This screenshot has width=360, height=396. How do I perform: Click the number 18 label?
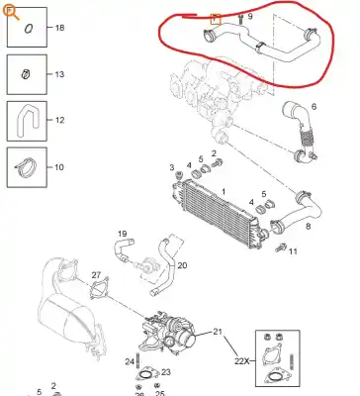[59, 29]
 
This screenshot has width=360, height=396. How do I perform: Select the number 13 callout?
[59, 74]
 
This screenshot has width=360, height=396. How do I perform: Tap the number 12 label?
[59, 120]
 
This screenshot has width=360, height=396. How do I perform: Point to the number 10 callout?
[59, 166]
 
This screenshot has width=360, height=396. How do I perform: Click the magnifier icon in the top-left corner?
[10, 11]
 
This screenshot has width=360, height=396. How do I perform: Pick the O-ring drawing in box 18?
[28, 30]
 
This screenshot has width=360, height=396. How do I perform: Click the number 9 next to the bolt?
[250, 17]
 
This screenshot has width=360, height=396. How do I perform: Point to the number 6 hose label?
[315, 106]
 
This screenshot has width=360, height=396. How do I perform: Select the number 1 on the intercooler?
[224, 190]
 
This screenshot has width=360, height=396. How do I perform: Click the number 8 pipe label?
[310, 226]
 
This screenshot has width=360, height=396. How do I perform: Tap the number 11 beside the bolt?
[292, 251]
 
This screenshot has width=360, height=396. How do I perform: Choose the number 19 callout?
[124, 234]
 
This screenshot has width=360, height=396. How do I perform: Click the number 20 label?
[181, 265]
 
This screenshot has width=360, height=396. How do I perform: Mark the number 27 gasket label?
[96, 274]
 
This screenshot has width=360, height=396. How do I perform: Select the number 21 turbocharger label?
[220, 331]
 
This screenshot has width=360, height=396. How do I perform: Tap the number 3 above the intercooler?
[171, 166]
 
